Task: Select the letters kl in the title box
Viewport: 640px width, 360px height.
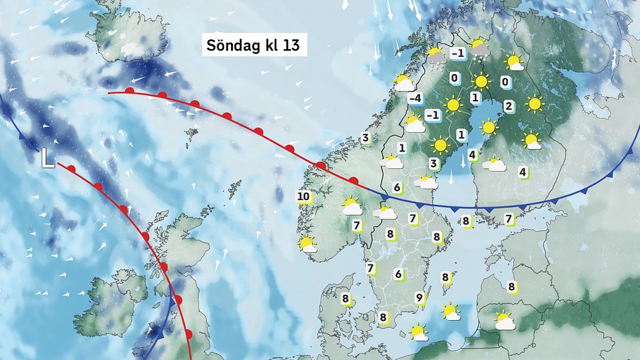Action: coord(267,46)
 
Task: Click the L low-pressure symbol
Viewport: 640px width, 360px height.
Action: coord(47,157)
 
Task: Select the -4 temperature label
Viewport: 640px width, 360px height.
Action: coord(415,99)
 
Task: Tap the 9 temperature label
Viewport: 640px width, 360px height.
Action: coord(419,297)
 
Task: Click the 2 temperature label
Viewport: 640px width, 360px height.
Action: coord(508,106)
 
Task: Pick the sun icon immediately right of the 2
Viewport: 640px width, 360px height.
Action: coord(534,103)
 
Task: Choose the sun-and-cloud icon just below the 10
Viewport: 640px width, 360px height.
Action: coord(307,244)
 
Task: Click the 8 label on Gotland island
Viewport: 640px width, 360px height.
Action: coord(445,277)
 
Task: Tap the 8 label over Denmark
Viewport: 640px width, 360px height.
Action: coord(346,299)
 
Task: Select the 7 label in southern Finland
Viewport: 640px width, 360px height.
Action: coord(509,219)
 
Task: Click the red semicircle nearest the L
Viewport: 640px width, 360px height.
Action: coord(72,169)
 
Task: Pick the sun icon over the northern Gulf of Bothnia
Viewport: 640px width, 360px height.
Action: coord(489,126)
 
